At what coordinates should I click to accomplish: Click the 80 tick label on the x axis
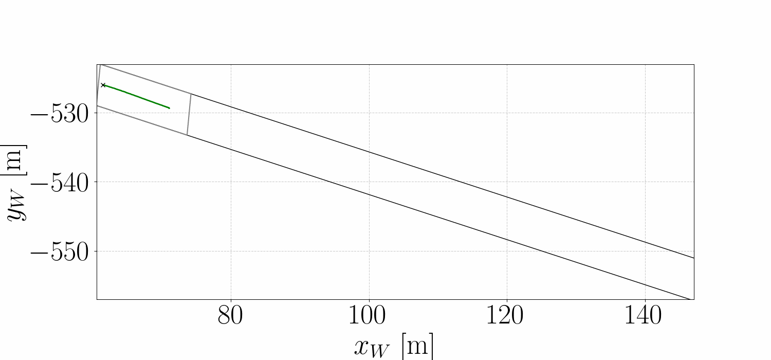[231, 316]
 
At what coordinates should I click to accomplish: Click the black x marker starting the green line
[103, 85]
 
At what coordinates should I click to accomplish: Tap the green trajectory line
[136, 97]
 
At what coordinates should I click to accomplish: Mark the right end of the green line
[169, 108]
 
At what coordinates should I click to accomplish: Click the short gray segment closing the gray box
[189, 114]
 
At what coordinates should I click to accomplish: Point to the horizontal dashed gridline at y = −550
[308, 251]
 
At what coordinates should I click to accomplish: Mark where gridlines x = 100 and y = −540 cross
[369, 182]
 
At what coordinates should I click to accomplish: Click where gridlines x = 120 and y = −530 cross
[507, 113]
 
